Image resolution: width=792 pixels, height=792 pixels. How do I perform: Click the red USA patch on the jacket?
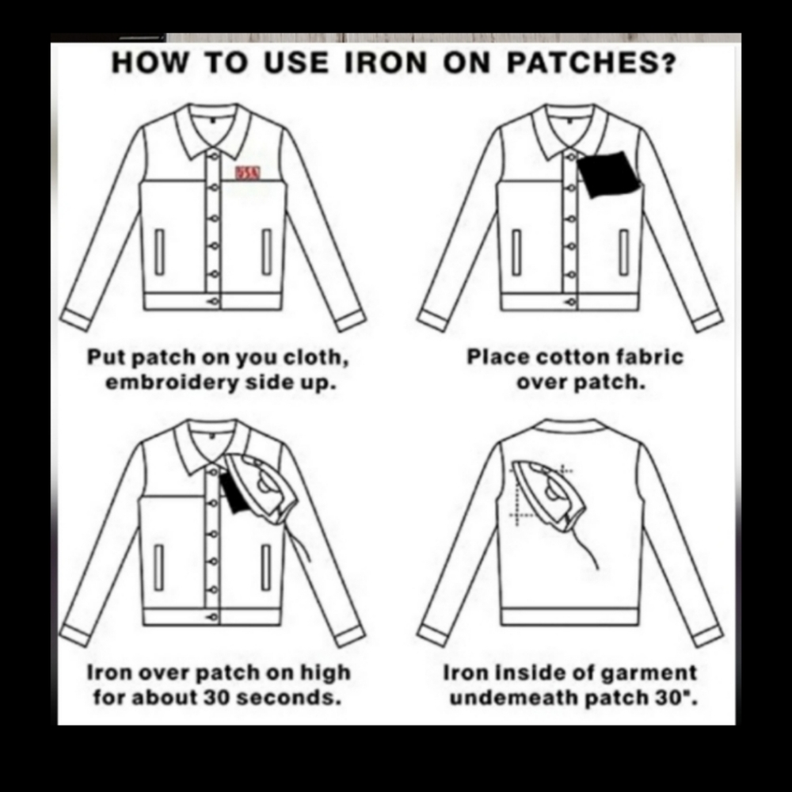coord(247,173)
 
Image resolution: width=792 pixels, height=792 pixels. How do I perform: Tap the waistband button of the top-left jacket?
coord(211,302)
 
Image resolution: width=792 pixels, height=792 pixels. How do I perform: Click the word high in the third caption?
coord(326,674)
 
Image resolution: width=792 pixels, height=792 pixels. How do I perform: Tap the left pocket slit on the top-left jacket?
coord(160,252)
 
